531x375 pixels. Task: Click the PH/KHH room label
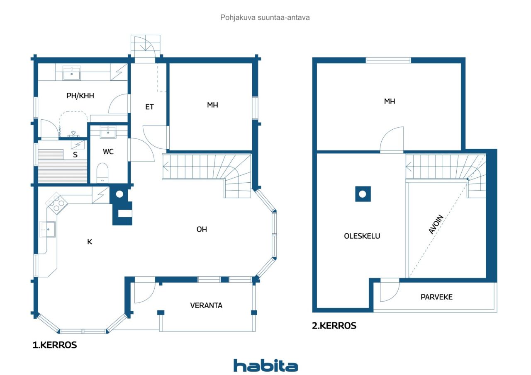(x=80, y=96)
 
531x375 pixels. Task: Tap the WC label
(x=108, y=152)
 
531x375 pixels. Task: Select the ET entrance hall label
(x=149, y=107)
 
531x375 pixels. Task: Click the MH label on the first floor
(x=212, y=105)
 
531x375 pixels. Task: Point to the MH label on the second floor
(x=389, y=101)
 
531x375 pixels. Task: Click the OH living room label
(x=202, y=229)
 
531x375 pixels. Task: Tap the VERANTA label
(x=206, y=305)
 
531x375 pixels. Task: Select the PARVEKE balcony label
(x=436, y=297)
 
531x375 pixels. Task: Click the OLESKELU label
(x=362, y=236)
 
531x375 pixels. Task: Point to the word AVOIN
(x=436, y=225)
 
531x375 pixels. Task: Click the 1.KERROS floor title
(x=55, y=345)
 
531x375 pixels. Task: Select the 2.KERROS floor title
(x=334, y=326)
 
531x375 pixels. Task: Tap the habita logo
(x=265, y=365)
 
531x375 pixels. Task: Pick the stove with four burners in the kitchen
(x=56, y=203)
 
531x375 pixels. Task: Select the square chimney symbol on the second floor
(x=363, y=194)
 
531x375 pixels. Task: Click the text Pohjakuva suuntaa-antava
(x=265, y=18)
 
